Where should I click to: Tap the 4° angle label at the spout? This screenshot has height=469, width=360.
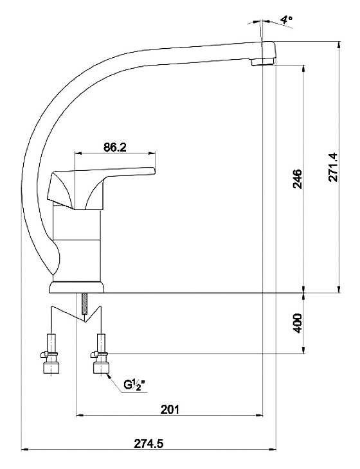287,20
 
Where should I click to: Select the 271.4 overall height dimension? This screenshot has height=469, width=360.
333,167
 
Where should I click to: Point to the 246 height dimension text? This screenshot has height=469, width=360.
297,179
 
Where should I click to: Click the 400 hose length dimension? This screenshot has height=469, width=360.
298,323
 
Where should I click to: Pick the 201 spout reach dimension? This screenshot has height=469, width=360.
170,409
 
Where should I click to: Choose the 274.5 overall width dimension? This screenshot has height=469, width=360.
148,443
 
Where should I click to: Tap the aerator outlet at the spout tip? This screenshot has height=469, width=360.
262,62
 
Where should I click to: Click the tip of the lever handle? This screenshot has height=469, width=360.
155,170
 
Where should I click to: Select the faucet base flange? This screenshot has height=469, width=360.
76,287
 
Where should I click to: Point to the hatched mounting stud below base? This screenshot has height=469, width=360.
85,303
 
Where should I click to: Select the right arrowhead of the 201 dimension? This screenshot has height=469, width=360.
259,416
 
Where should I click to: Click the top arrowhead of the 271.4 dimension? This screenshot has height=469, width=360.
339,45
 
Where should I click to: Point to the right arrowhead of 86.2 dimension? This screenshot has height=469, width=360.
152,154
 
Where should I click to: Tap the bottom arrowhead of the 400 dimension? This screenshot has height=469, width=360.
304,350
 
